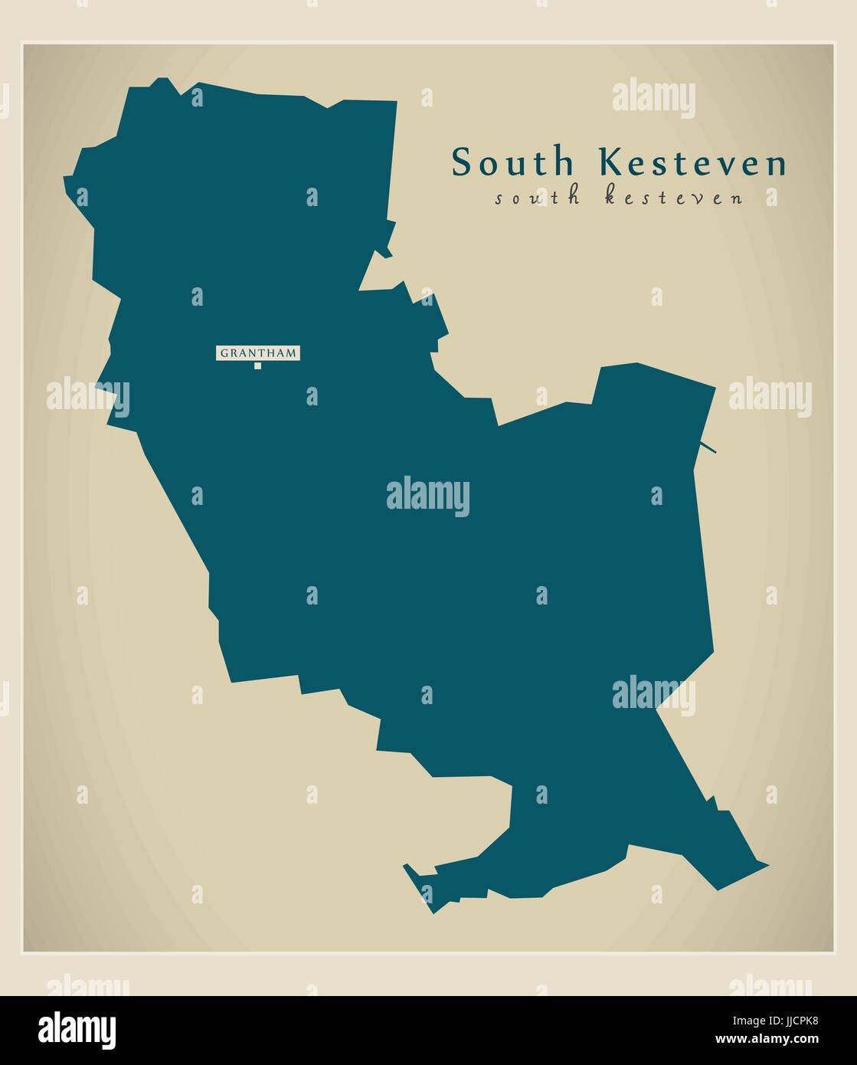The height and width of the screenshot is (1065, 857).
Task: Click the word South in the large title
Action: [x=512, y=162]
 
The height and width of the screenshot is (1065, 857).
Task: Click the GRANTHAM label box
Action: [x=258, y=353]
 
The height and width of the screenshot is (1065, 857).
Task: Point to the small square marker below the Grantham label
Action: [x=258, y=365]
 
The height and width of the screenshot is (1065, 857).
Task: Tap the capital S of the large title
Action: [x=461, y=162]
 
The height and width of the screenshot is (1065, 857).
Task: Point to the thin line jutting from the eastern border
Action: [x=708, y=447]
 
